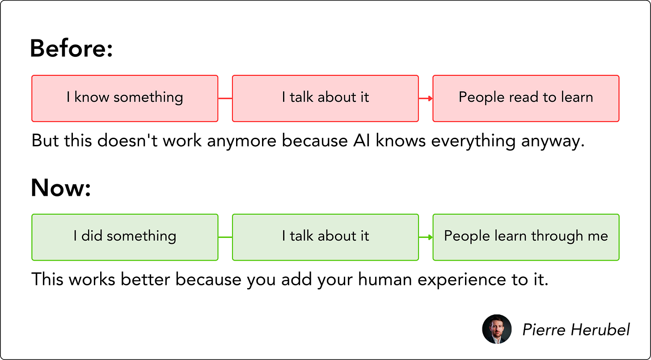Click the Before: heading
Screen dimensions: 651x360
point(71,48)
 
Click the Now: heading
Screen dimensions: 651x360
point(61,187)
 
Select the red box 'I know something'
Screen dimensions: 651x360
point(125,98)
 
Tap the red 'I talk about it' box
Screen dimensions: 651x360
point(325,98)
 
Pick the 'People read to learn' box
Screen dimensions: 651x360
point(526,98)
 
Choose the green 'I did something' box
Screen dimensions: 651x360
point(125,237)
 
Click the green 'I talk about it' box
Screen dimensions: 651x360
point(325,237)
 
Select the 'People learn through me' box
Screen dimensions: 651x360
point(526,237)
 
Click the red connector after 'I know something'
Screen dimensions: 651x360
point(225,98)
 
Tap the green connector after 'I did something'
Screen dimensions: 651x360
point(225,237)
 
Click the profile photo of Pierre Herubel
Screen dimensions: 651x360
point(496,329)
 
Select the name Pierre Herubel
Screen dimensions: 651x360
point(576,330)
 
